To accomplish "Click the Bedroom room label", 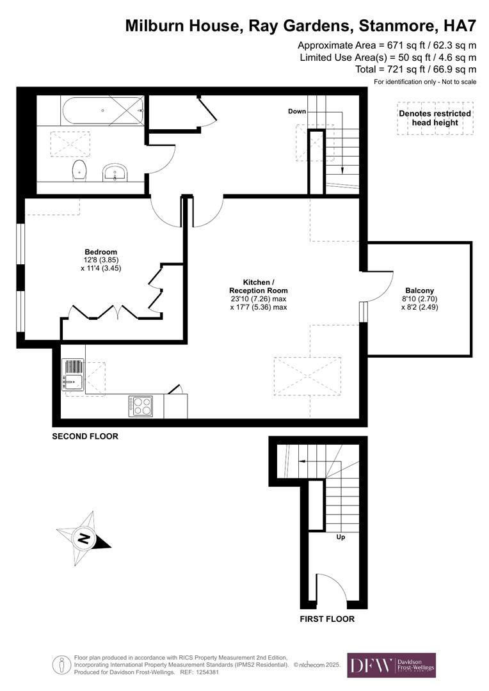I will point(101,251).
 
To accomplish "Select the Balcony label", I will point(419,290).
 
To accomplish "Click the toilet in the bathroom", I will point(79,170).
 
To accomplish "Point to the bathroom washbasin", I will point(116,171).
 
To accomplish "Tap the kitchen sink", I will point(72,374).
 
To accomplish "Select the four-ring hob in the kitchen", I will point(141,406).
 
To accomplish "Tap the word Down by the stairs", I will point(297,111).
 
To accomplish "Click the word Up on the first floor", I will point(341,537).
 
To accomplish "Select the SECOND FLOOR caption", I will point(85,436).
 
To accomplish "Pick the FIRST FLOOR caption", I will point(327,619).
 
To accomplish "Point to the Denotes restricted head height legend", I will point(435,118).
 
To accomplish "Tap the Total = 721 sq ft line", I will point(415,69).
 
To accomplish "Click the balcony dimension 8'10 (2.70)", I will point(419,298).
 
